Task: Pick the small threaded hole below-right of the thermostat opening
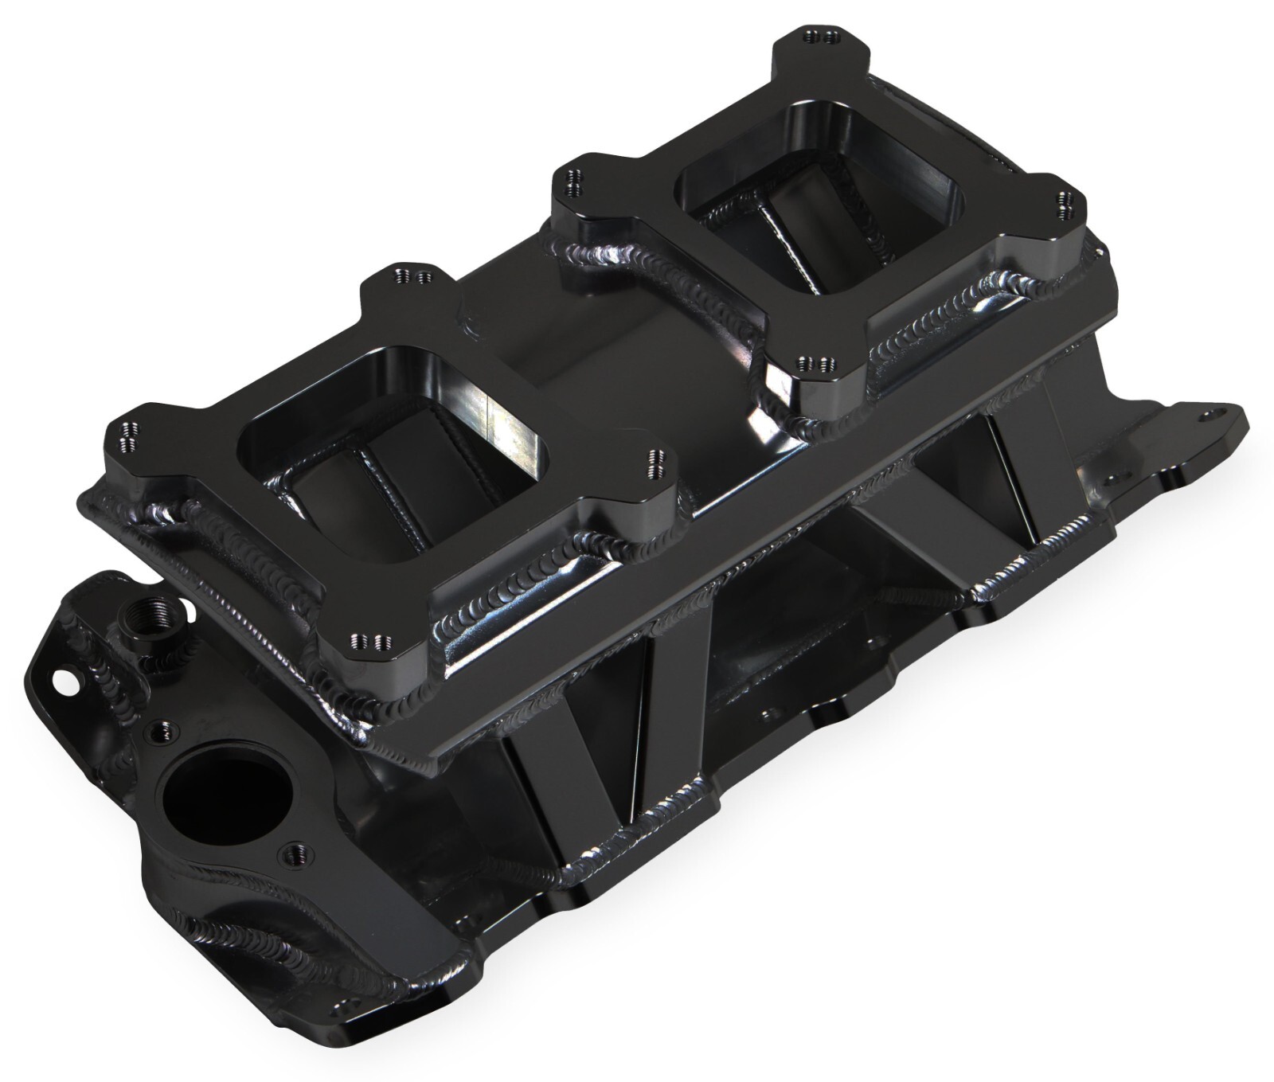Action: click(x=290, y=851)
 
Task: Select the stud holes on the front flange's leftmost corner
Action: click(x=127, y=437)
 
